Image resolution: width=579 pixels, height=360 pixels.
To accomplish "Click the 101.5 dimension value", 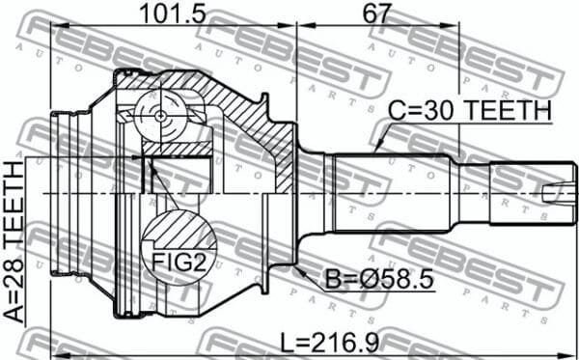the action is [173, 14].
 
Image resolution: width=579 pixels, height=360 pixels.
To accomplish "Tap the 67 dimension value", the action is [376, 14].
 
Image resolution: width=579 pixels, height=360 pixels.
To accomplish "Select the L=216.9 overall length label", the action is [330, 343].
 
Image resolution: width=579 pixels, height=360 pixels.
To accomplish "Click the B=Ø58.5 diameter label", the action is [379, 279].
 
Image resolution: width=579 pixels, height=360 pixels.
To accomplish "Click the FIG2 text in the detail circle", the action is [179, 263].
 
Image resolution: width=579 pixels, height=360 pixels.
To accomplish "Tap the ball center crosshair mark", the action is [161, 116].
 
